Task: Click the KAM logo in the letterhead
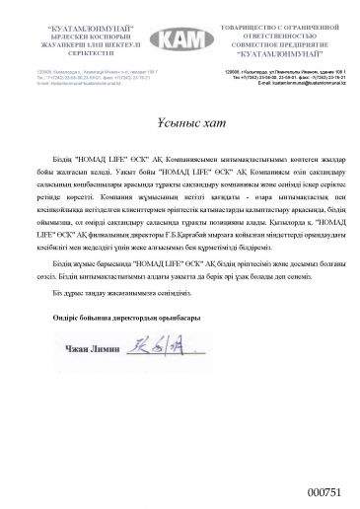180,36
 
